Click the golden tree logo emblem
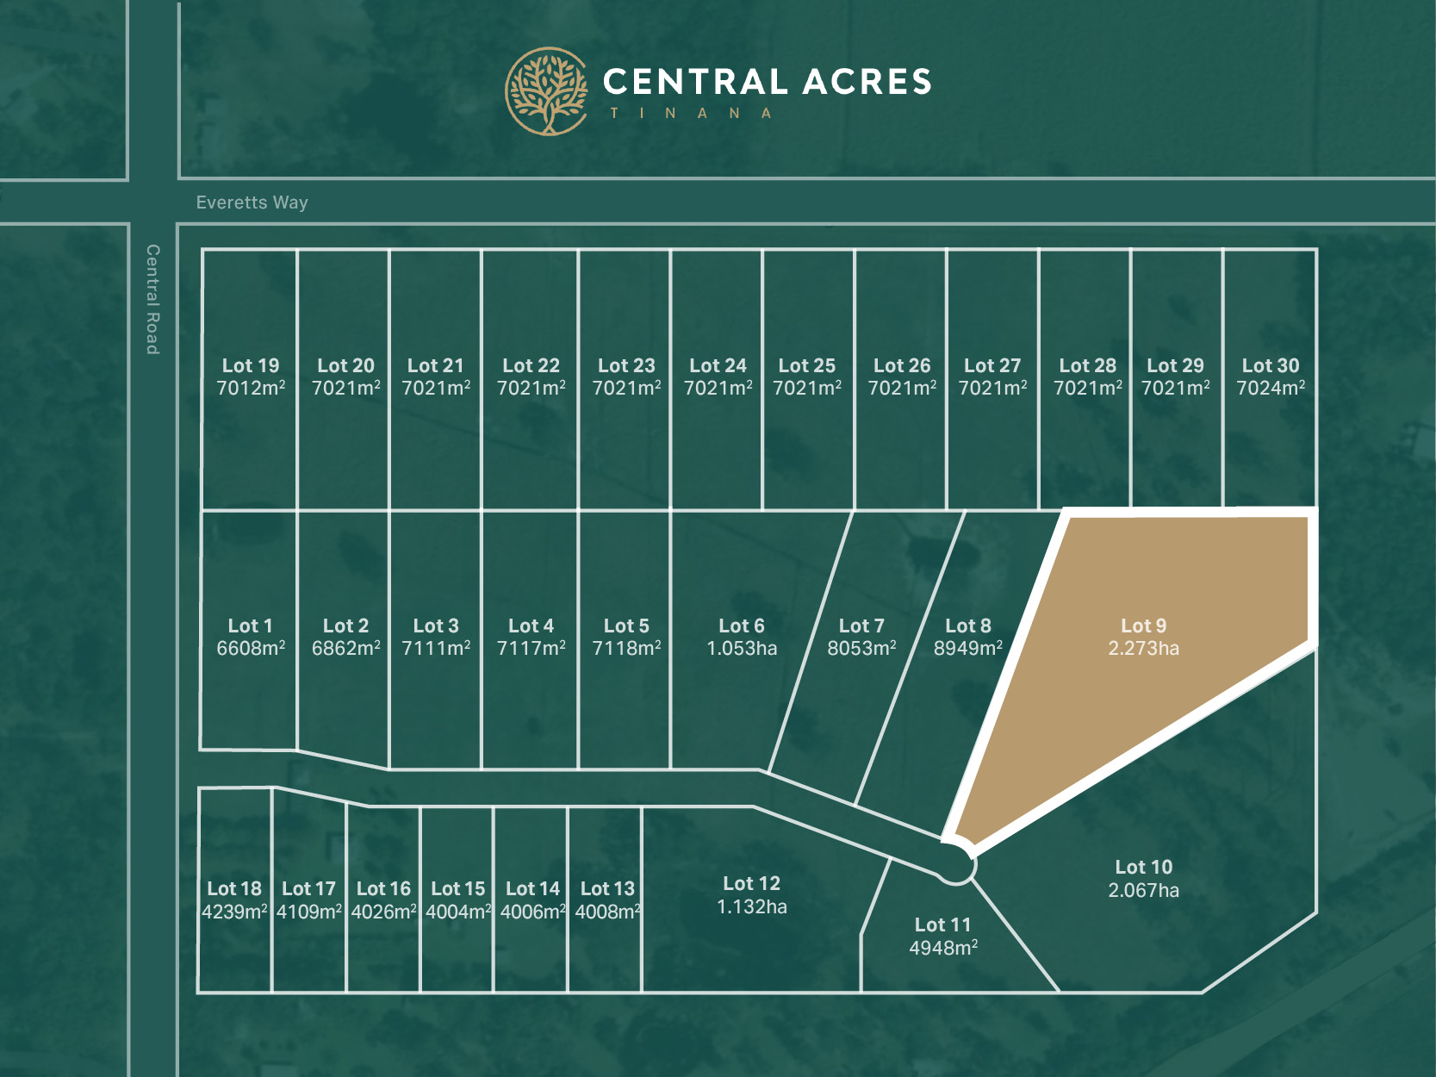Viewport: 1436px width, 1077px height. pos(546,91)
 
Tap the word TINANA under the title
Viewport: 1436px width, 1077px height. pos(691,113)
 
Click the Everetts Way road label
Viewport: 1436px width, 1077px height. pos(252,202)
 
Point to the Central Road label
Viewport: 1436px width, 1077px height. pos(152,299)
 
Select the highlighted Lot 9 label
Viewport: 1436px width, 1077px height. pos(1143,626)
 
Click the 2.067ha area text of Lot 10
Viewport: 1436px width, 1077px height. pos(1143,890)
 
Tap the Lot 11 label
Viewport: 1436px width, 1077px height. pos(942,924)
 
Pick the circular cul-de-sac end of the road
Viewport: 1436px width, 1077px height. pos(954,864)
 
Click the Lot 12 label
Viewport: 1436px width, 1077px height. pos(751,883)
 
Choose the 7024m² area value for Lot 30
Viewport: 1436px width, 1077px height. pos(1271,389)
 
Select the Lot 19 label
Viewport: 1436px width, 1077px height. pos(251,365)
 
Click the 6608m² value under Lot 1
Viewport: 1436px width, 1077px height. pos(251,649)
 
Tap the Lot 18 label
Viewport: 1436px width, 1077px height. pos(234,888)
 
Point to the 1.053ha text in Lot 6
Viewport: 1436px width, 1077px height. pos(742,649)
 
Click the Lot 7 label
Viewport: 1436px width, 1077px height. pos(861,626)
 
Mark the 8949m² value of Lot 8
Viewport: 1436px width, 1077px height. pos(968,649)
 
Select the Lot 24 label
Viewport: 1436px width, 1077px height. pos(718,365)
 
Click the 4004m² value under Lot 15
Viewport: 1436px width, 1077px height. pos(458,912)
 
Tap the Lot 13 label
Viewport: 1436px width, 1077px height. pos(607,888)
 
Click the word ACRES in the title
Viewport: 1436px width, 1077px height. pos(867,82)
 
